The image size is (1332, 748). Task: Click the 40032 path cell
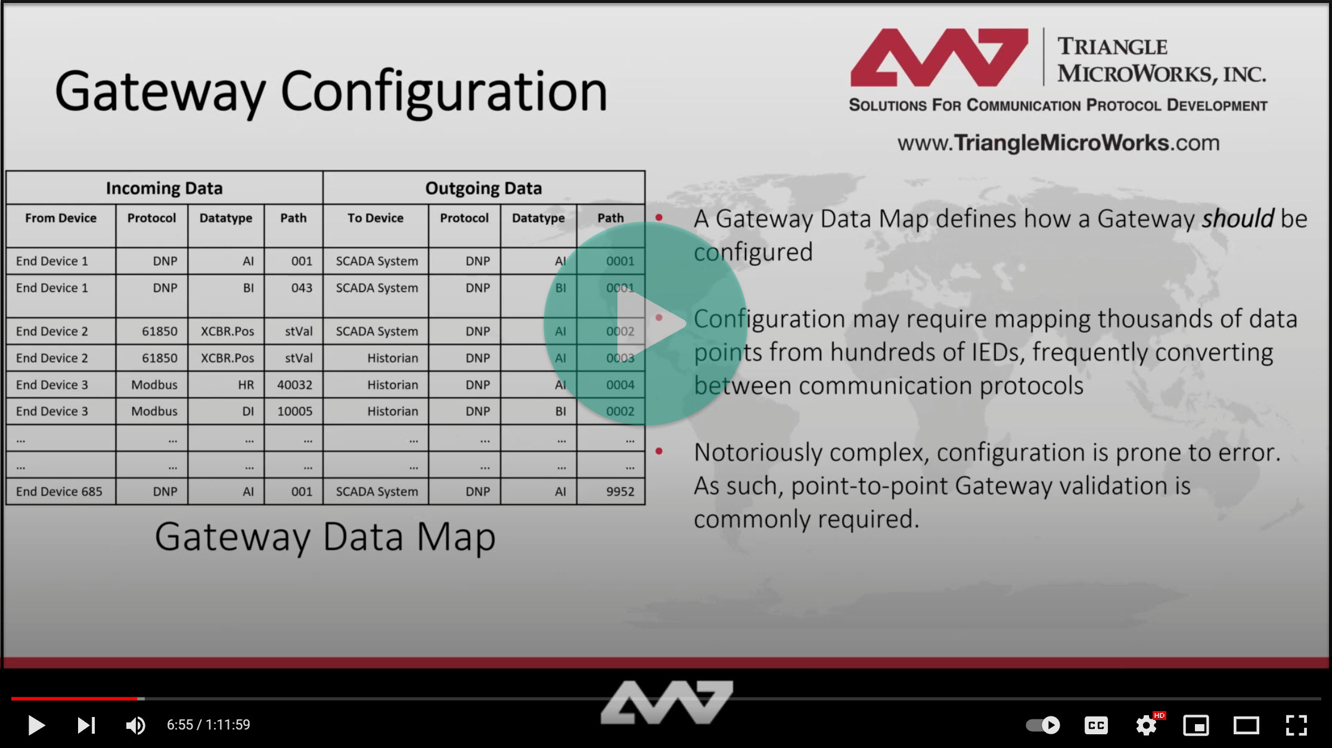[294, 385]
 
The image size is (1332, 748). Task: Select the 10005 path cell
[294, 411]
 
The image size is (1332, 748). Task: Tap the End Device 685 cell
[59, 492]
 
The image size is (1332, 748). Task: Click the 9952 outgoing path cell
[620, 492]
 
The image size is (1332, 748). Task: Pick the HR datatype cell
[246, 385]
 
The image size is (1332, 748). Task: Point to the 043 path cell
[302, 288]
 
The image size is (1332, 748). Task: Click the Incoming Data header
[164, 188]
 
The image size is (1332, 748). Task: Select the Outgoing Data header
[483, 188]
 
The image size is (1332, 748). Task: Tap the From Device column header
[61, 218]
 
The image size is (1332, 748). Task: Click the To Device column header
[375, 218]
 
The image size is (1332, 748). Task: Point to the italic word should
[1237, 219]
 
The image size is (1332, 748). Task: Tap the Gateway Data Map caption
[325, 536]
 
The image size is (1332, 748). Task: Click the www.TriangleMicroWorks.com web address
[1058, 143]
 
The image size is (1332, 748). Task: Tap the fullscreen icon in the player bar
[1296, 725]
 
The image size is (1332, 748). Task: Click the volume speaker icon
[135, 725]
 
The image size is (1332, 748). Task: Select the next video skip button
[86, 725]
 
